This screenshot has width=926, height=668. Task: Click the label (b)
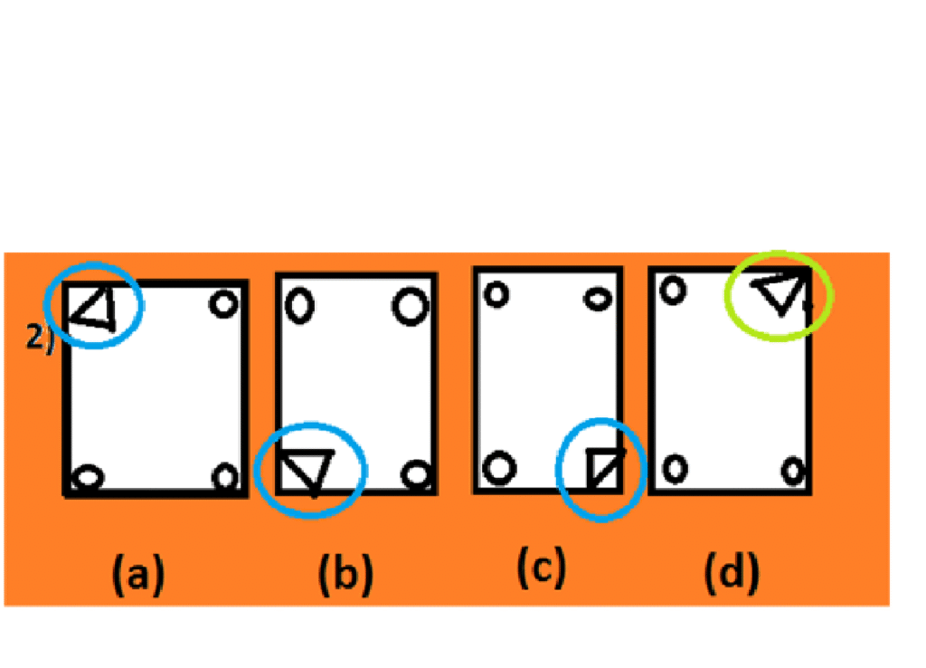pos(345,576)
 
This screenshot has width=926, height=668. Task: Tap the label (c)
pos(541,568)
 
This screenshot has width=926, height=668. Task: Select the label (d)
pos(733,574)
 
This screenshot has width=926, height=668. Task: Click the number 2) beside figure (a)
pos(41,339)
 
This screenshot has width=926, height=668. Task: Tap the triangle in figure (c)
pos(603,468)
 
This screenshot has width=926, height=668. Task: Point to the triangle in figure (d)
pos(780,293)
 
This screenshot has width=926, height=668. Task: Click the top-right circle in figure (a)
pos(223,304)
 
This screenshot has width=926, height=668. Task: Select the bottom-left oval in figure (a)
pos(88,476)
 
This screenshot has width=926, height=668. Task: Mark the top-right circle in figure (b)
pos(410,306)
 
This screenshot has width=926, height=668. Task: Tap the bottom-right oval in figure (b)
pos(416,472)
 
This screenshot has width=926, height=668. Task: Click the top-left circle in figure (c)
pos(496,294)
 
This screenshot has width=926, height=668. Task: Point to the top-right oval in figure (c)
pos(598,298)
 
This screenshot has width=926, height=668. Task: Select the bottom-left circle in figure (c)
pos(496,468)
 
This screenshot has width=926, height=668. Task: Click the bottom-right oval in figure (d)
pos(793,471)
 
